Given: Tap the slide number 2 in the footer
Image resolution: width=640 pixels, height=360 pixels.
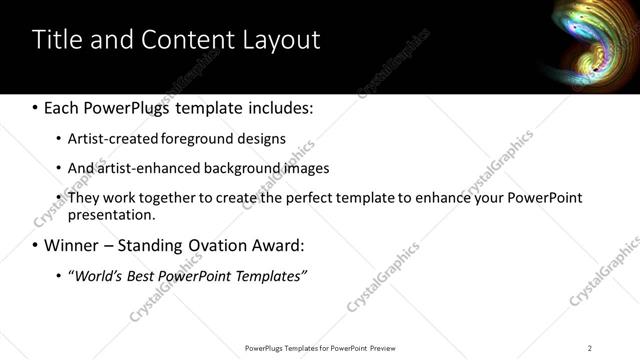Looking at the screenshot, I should coord(589,348).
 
